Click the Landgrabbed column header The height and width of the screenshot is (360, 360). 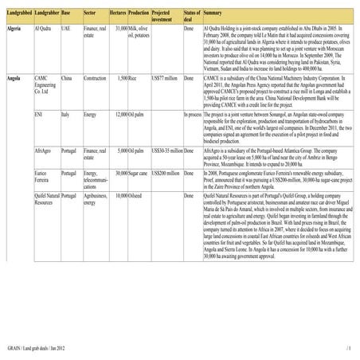18,14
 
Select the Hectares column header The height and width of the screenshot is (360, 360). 118,14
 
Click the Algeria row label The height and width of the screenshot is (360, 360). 14,29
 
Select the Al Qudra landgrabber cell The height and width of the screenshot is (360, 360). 45,29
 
